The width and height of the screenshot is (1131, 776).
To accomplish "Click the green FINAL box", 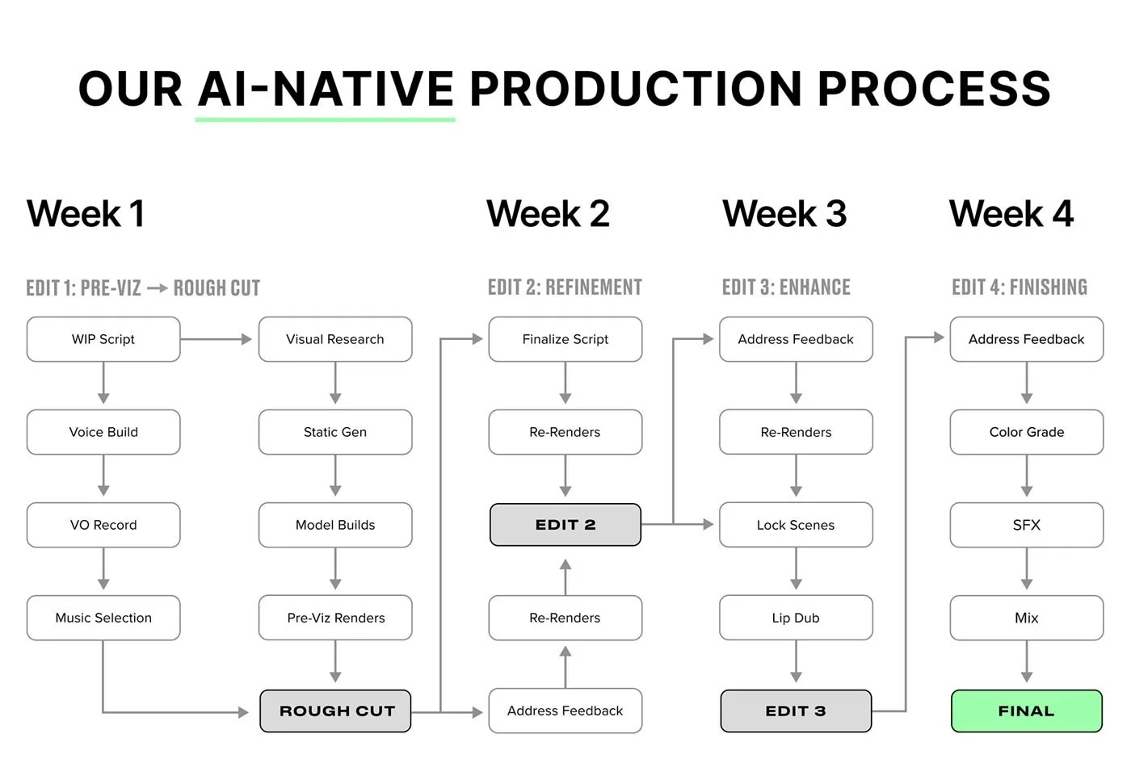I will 1026,711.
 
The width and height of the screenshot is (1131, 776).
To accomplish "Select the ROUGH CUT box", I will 335,711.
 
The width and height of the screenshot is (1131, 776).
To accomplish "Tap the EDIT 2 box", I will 565,525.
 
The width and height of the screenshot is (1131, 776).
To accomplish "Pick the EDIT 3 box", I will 796,711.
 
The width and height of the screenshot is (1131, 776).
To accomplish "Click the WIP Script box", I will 103,339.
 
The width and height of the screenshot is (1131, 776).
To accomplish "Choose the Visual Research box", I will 334,339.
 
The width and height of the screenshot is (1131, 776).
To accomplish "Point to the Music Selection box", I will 103,618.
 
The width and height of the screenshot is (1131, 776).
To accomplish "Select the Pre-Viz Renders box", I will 334,618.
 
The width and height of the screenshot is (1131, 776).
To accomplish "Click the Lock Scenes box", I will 796,525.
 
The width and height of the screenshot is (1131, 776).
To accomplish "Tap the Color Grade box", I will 1026,432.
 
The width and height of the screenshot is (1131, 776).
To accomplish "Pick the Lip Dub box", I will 796,618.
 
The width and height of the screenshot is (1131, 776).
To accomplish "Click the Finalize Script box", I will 565,339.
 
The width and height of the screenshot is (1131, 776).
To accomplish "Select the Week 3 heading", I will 784,214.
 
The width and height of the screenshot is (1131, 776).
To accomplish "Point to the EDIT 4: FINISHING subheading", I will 1019,287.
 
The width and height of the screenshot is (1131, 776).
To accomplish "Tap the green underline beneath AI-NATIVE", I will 325,120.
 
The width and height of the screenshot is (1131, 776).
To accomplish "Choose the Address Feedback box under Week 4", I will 1026,339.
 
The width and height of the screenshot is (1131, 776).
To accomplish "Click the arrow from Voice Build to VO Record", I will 103,476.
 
